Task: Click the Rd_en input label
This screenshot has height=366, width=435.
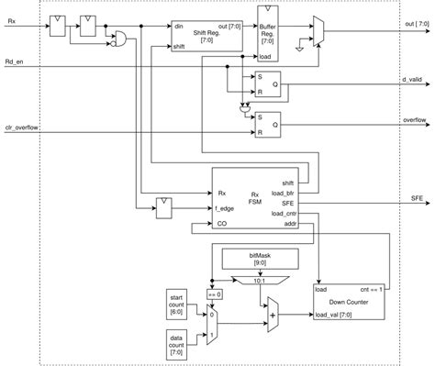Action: pos(16,62)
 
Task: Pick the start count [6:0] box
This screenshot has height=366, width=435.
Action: pos(177,303)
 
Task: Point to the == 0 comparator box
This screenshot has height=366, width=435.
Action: pos(214,293)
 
